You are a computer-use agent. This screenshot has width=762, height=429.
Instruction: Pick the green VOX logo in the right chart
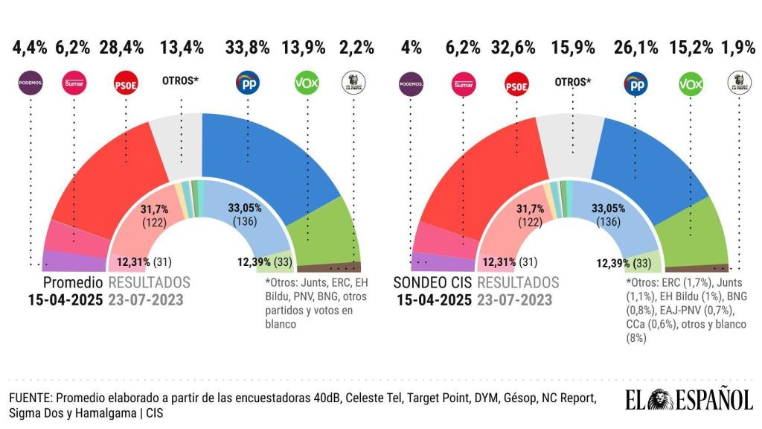click(690, 84)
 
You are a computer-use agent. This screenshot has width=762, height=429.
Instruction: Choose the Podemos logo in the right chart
click(411, 84)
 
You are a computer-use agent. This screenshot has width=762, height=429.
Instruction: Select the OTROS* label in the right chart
click(573, 82)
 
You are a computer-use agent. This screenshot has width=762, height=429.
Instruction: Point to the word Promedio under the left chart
click(72, 283)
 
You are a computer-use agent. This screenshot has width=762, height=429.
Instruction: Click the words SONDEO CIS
click(432, 283)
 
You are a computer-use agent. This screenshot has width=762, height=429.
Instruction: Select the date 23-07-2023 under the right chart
click(514, 300)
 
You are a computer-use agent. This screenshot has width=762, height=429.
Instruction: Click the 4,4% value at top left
click(30, 48)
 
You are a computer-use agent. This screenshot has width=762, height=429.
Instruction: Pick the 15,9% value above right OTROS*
click(573, 48)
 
